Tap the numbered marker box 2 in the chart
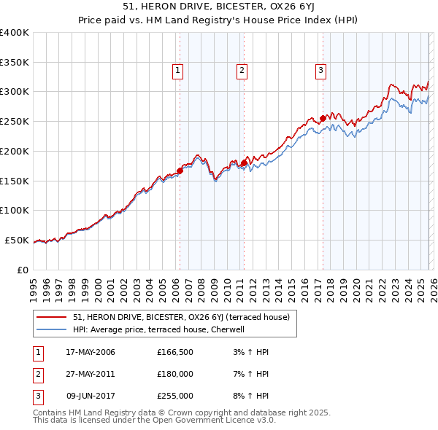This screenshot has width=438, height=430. click(242, 71)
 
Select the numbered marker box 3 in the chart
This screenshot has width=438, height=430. click(320, 71)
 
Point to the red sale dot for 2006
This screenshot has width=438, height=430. click(180, 171)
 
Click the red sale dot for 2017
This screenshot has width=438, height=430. click(322, 118)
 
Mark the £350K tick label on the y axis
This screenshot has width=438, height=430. click(15, 62)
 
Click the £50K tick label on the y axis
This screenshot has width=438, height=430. click(17, 240)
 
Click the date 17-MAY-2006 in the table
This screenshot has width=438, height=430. click(90, 352)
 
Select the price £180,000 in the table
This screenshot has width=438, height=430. click(174, 374)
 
